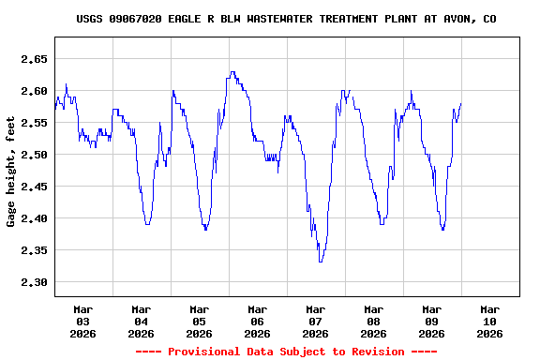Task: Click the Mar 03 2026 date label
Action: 83,321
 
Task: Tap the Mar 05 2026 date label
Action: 200,321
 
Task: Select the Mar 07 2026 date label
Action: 316,321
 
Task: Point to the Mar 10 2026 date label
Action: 489,321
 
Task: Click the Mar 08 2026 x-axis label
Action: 374,321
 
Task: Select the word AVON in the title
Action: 458,19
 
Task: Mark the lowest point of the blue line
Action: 321,262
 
